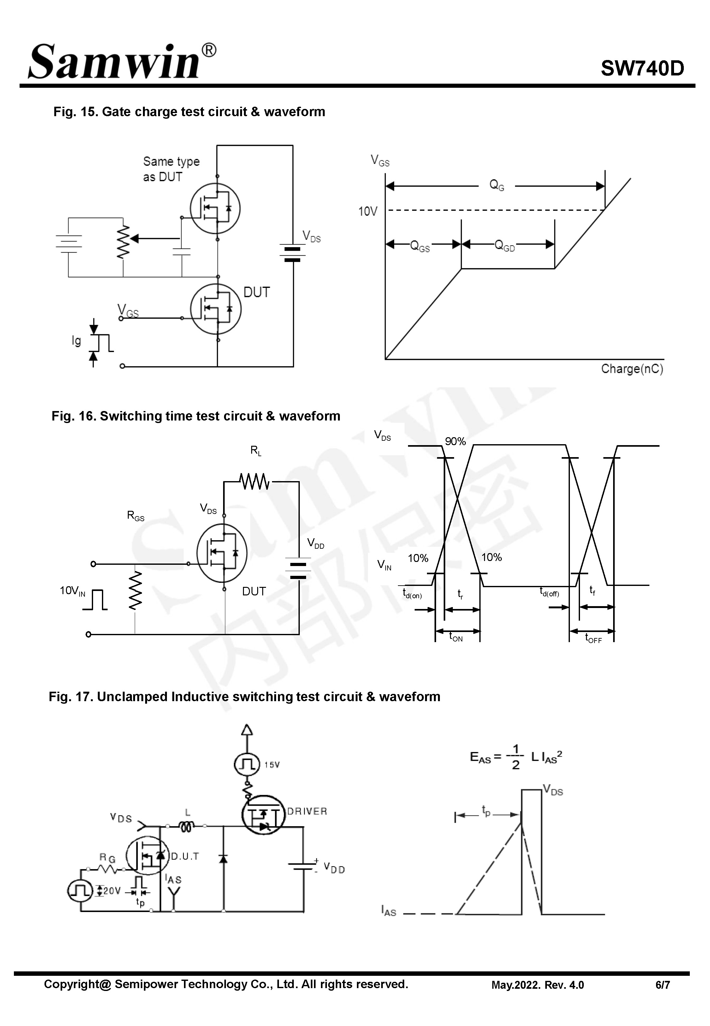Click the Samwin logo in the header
point(121,62)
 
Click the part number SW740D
point(642,69)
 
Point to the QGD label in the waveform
point(505,245)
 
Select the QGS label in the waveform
point(419,246)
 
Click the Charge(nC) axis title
point(632,369)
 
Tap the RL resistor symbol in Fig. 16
point(254,481)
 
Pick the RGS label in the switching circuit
point(136,516)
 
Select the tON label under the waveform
point(456,638)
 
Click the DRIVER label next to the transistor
point(307,811)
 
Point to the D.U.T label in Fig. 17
point(185,856)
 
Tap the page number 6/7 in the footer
point(662,985)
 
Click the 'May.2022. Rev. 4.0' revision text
point(537,985)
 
